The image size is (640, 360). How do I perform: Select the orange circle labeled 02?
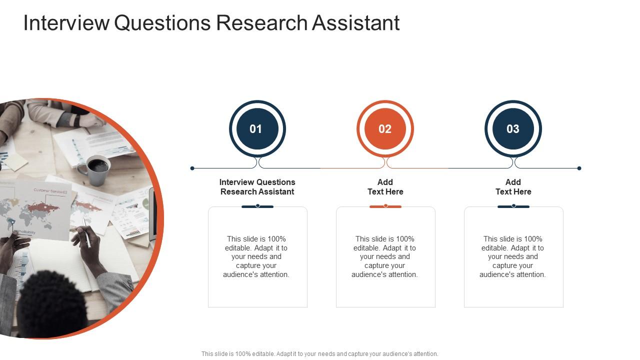(x=385, y=129)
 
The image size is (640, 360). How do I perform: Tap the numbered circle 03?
(x=513, y=129)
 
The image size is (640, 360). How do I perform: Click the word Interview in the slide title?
(x=66, y=23)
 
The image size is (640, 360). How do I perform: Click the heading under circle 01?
(x=257, y=187)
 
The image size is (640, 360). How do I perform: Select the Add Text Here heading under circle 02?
(x=385, y=187)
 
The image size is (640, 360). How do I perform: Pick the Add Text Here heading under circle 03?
(x=513, y=187)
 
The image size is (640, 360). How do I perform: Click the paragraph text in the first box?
(x=256, y=256)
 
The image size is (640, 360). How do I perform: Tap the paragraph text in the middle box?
(x=384, y=256)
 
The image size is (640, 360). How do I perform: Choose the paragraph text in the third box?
(x=512, y=256)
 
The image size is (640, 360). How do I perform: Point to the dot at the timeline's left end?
(x=192, y=168)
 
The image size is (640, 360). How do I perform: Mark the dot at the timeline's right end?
(x=579, y=168)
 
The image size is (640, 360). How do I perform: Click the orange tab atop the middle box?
(x=385, y=206)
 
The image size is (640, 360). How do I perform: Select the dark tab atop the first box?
(x=257, y=206)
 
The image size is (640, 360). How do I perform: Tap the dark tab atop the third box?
(x=513, y=206)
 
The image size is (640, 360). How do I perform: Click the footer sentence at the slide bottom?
(x=320, y=353)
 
